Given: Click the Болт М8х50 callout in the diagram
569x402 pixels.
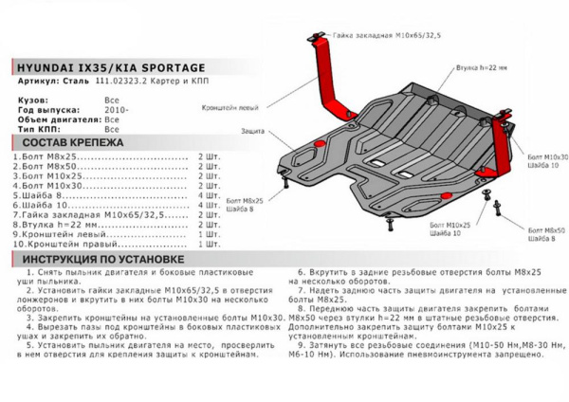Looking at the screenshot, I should [x=544, y=232].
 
